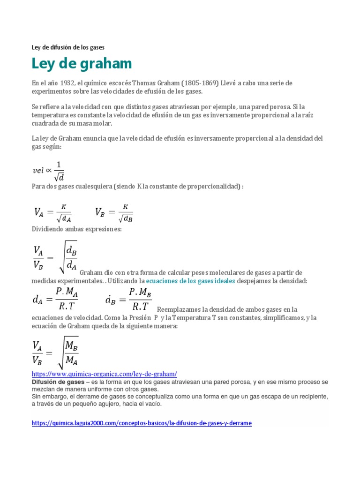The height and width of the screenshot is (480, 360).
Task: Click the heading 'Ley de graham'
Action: coord(82,63)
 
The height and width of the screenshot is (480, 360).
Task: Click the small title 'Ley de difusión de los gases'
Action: coord(68,47)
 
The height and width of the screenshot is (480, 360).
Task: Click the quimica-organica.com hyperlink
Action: coord(104,374)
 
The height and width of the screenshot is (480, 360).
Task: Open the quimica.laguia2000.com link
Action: coord(142,423)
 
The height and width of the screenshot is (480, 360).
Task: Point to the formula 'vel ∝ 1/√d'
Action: coord(48,171)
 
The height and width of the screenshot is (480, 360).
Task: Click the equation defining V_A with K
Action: coord(52,212)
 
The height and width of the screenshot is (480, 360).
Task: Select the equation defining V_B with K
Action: coord(114,212)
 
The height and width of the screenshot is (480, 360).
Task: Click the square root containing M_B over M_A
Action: coord(68,352)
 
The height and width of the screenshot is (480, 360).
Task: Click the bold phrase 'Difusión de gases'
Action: coord(58,382)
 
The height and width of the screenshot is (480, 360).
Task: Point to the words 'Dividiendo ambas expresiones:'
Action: coord(76,229)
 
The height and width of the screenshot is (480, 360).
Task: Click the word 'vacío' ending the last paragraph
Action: coord(152,404)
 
